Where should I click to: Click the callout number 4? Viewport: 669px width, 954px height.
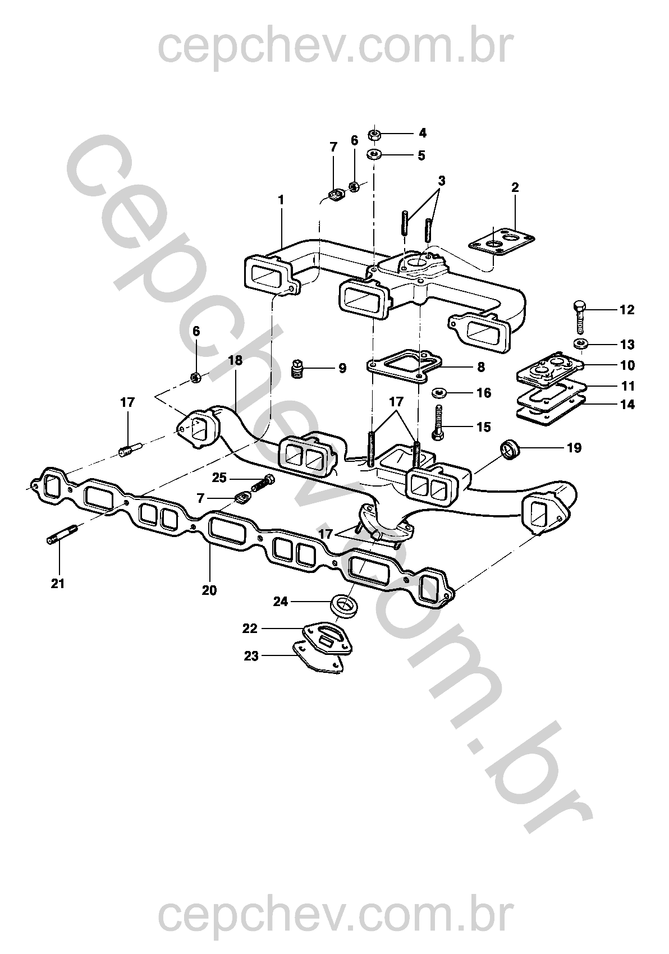[422, 134]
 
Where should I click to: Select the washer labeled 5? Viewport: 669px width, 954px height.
[373, 154]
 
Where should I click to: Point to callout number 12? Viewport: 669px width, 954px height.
[626, 310]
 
